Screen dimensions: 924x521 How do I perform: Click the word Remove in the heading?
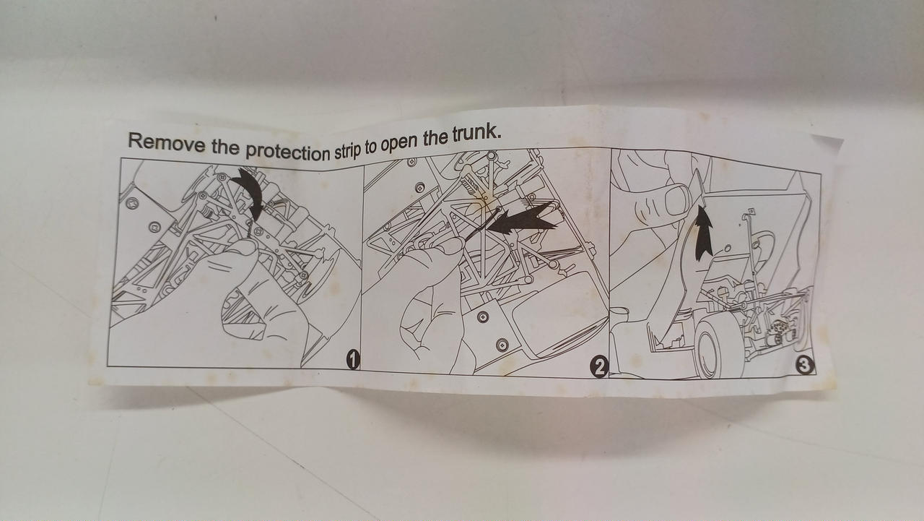coord(166,143)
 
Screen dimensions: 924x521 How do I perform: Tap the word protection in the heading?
coord(288,152)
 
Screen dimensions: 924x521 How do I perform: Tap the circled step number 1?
coord(353,359)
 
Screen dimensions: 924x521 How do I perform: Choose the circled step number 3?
coord(805,366)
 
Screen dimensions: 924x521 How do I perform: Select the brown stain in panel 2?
coord(485,201)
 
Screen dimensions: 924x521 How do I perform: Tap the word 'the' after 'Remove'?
coord(226,147)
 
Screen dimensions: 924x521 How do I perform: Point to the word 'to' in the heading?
coord(370,148)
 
